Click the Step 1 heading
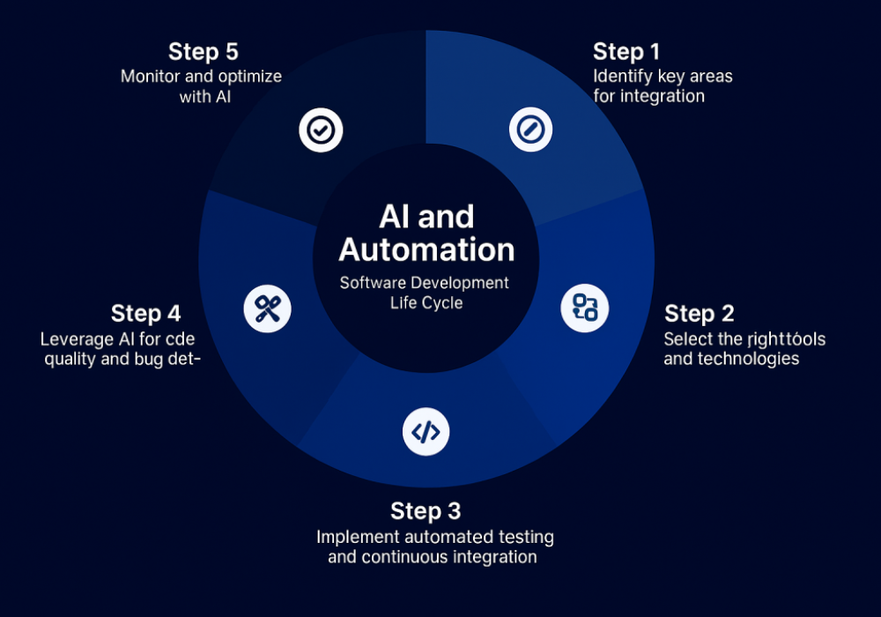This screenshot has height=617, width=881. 626,51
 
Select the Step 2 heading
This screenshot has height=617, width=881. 699,314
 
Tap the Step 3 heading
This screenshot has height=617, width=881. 426,511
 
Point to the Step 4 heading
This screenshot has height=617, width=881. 145,314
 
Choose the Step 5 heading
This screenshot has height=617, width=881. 204,51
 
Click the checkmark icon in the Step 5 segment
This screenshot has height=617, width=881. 320,130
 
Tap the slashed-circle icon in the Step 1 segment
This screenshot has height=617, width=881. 530,130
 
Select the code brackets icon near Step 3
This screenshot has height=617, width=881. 426,432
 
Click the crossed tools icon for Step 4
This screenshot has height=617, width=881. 267,309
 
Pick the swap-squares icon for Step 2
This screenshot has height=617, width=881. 585,308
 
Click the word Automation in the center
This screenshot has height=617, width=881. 426,249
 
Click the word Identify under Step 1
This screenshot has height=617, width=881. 622,76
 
